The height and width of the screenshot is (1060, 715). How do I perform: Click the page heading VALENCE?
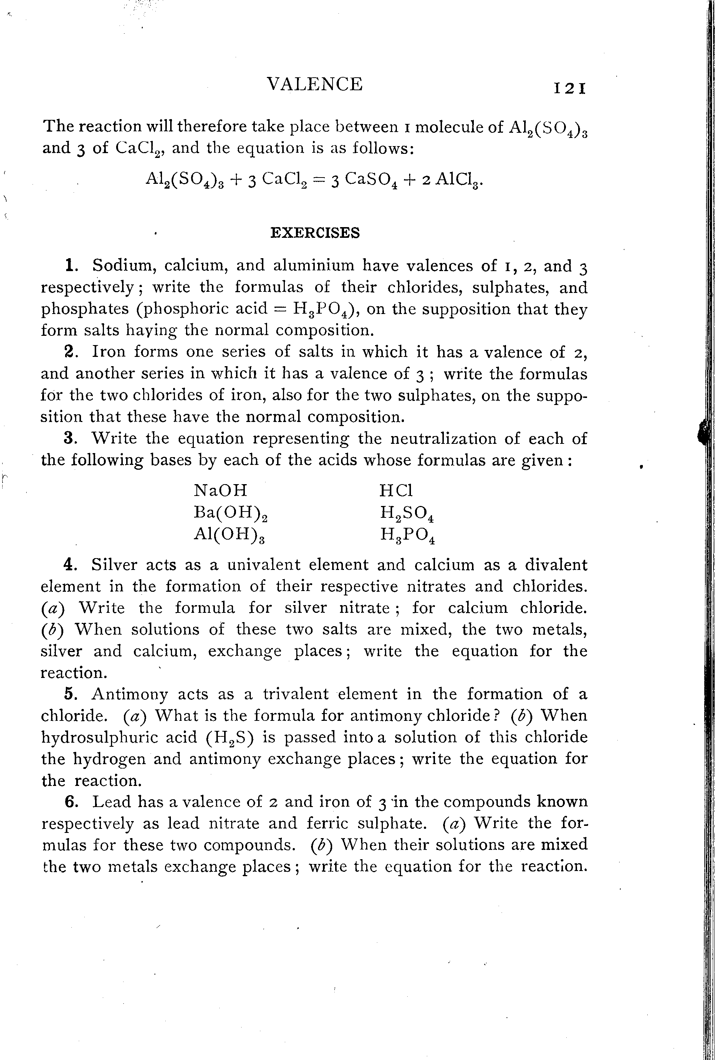coord(315,84)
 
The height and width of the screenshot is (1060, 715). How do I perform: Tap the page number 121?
coord(570,88)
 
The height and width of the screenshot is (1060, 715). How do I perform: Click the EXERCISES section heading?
coord(315,233)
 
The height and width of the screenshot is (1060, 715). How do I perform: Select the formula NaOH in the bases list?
coord(221,490)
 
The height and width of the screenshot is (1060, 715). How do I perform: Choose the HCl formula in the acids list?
coord(396,490)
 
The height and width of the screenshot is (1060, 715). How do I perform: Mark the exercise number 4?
coord(69,565)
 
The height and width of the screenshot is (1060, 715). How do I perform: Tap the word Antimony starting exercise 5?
coord(129,694)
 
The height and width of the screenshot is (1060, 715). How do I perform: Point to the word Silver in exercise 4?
coord(114,565)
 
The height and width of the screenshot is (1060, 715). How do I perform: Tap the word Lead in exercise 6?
coord(112,802)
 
